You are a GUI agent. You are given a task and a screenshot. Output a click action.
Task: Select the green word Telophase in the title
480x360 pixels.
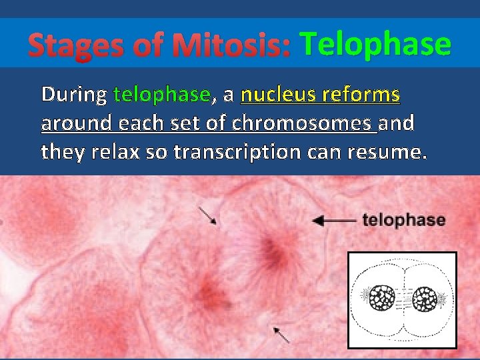pos(375,45)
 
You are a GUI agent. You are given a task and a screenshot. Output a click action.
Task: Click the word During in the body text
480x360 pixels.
pos(73,95)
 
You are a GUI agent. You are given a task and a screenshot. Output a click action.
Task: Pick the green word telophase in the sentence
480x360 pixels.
pos(162,95)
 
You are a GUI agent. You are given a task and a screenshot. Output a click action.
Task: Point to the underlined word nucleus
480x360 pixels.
pos(277,95)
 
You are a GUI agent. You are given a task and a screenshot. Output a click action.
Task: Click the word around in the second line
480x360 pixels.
pos(76,123)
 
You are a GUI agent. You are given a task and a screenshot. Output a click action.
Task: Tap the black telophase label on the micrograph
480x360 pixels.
pos(403,220)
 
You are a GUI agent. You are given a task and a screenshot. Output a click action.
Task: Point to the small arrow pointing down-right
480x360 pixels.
pos(208,215)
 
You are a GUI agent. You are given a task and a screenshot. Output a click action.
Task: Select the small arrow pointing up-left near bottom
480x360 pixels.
pos(281,334)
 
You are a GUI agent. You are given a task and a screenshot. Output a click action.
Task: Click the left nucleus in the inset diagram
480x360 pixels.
pos(383,298)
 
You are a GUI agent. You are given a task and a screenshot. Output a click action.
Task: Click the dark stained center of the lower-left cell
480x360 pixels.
pos(210,291)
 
